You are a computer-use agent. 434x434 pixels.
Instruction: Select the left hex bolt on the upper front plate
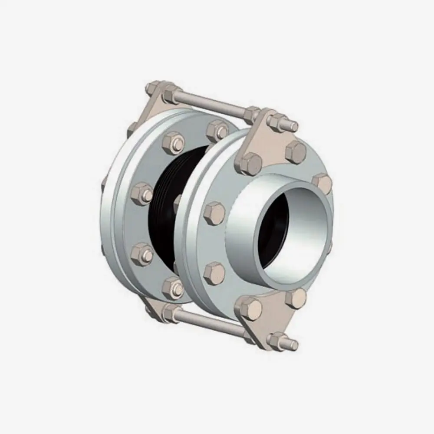251,164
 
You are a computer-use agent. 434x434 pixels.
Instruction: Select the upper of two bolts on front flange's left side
214,212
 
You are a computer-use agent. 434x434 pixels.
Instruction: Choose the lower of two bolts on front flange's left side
214,272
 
